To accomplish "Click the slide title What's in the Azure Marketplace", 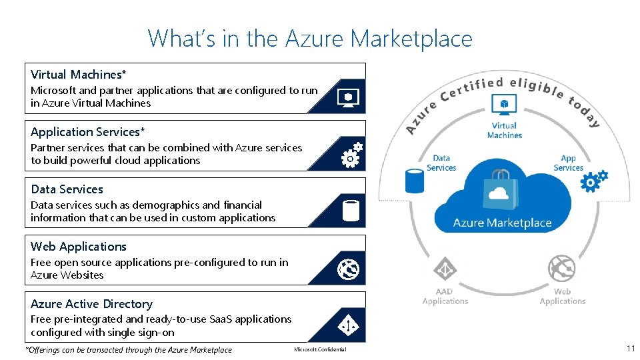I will coord(310,38).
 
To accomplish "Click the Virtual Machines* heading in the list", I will coord(79,75).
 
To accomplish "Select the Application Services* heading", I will coord(87,132).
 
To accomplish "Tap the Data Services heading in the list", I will coord(67,189).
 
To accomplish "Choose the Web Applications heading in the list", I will coord(78,247).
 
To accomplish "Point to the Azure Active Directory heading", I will coord(91,304).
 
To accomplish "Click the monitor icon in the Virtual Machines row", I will coord(349,97).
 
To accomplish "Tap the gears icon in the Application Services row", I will coord(351,155).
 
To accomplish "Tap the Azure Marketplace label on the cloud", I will coord(502,223).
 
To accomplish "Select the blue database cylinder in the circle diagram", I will coord(415,180).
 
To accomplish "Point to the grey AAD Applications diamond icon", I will coord(445,270).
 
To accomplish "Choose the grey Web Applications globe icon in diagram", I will coord(561,269).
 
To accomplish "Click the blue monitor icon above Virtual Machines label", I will coord(504,105).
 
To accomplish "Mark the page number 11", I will coord(630,349).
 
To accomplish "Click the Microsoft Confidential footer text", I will coord(320,350).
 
